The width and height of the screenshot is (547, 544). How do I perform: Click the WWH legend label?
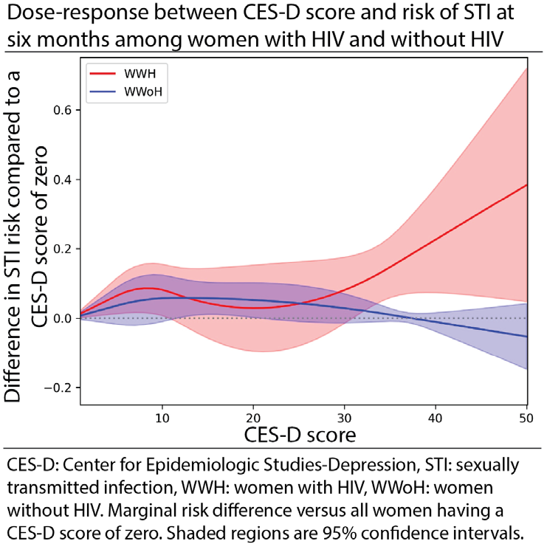point(140,74)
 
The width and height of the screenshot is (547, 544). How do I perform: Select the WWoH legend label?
point(143,92)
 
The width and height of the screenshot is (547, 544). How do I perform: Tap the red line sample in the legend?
point(103,74)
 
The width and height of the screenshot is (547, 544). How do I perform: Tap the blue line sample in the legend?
point(103,92)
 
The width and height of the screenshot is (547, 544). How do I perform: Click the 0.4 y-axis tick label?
point(62,179)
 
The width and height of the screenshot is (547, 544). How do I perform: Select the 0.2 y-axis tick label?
point(62,249)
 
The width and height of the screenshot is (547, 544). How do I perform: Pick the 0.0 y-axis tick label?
point(62,318)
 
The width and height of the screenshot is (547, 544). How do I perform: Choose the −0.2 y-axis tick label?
point(58,388)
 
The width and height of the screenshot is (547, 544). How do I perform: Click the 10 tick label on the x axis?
point(162,418)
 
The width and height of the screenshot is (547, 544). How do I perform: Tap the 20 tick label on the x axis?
point(253,418)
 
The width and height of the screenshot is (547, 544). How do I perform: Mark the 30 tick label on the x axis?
point(345,418)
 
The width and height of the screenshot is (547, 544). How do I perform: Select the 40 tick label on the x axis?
point(436,418)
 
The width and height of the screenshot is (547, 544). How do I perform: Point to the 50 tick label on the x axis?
point(526,418)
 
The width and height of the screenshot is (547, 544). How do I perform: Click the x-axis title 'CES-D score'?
point(300,435)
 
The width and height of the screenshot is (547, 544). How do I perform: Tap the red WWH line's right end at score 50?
point(527,185)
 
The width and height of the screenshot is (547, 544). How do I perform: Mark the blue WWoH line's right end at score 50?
point(527,337)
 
